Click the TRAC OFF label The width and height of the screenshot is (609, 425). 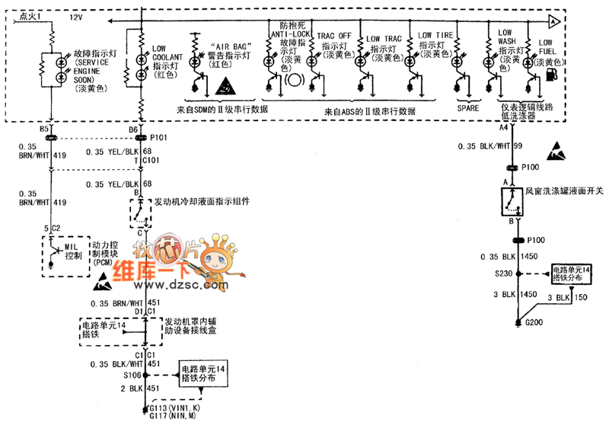(334, 36)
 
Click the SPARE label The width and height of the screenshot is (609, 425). (467, 109)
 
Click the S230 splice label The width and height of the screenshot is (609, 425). (502, 273)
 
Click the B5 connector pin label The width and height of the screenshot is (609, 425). (44, 129)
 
